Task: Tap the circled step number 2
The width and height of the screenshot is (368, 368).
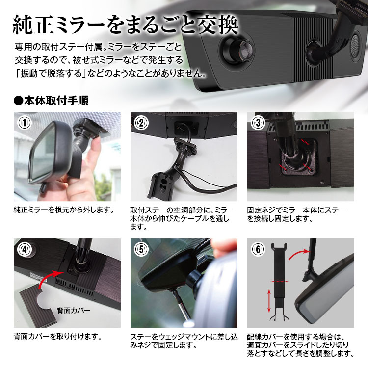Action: click(141, 123)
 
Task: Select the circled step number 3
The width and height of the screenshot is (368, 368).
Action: click(258, 123)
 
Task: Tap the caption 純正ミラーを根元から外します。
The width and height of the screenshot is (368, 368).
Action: click(64, 210)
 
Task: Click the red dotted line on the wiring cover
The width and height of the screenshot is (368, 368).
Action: click(281, 281)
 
